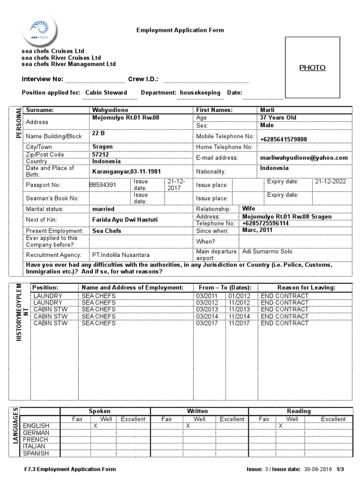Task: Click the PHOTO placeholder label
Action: tap(312, 67)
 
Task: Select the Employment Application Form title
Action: tap(180, 30)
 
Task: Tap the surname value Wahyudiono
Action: tap(110, 110)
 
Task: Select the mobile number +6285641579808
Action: tap(284, 139)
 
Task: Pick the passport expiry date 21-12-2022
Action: tap(330, 181)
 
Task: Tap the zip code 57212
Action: tap(100, 154)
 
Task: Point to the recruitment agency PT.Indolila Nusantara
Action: tap(121, 255)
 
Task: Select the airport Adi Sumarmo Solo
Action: tap(267, 252)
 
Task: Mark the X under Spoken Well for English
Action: tap(95, 426)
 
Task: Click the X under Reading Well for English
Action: tap(280, 426)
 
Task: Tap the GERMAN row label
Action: tap(35, 433)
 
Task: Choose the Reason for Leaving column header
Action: tap(306, 287)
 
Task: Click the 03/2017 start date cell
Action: tap(206, 323)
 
